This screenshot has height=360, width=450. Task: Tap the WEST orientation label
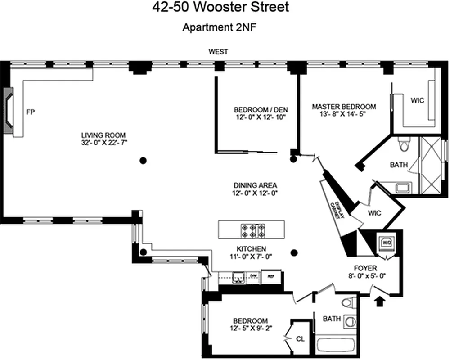pos(218,52)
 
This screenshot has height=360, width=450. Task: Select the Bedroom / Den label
pos(261,109)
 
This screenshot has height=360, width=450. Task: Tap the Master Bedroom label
pos(344,107)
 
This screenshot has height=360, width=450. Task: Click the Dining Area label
pos(255,185)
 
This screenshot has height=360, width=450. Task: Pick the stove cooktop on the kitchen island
pos(252,230)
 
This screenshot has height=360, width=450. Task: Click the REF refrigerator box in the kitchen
pos(271,277)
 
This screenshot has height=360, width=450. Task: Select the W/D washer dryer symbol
pos(386,243)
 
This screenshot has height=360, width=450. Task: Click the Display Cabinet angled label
pos(338,210)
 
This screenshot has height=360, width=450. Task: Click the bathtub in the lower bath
pos(336,346)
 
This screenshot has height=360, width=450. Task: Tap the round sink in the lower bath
pos(349,322)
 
